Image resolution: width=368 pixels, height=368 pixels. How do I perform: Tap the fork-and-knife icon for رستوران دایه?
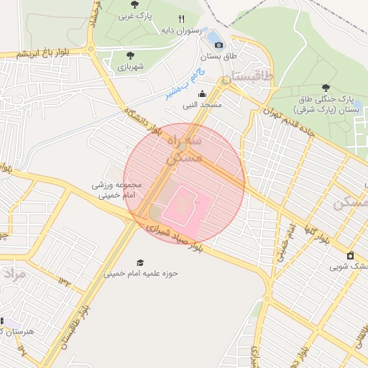click(x=181, y=19)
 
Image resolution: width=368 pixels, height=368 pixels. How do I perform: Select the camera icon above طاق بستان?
click(x=219, y=45)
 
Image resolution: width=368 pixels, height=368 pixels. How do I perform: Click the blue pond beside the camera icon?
click(x=214, y=35)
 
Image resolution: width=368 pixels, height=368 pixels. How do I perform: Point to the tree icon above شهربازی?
click(x=130, y=55)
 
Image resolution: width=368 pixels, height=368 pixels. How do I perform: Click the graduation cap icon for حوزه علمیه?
click(x=139, y=262)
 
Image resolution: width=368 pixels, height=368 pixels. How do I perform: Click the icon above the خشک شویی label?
click(x=350, y=255)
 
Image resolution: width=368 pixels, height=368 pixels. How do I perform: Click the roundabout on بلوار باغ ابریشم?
click(x=92, y=49)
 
